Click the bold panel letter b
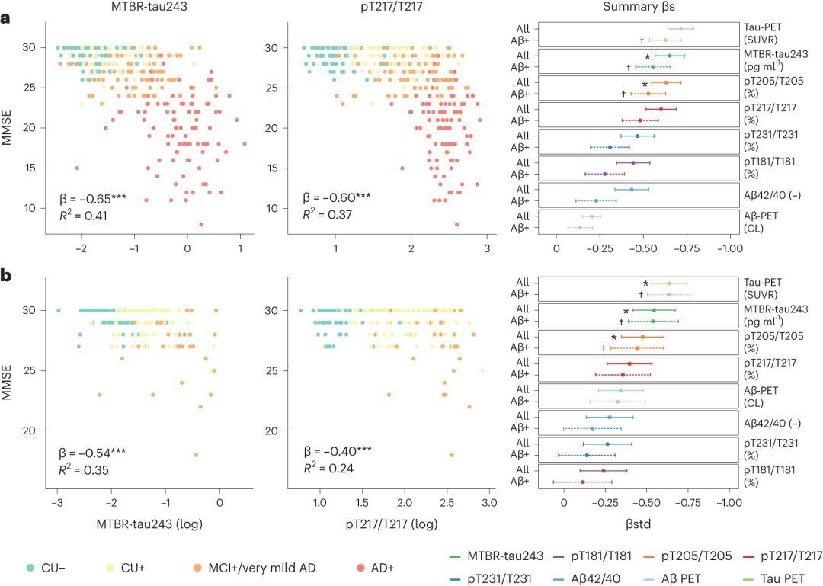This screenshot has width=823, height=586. click(6, 274)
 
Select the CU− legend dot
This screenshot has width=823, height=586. click(30, 568)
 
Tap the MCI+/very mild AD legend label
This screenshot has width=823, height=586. click(255, 568)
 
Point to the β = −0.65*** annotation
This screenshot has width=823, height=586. click(93, 200)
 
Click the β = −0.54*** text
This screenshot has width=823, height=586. click(93, 453)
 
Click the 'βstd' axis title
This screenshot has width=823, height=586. click(644, 525)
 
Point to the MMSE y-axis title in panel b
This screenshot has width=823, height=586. click(10, 370)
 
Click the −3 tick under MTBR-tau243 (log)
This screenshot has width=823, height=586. click(57, 504)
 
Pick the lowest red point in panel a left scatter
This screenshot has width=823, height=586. click(201, 224)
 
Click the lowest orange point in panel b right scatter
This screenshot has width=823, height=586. click(452, 455)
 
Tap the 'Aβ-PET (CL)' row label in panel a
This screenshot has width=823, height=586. click(763, 222)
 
